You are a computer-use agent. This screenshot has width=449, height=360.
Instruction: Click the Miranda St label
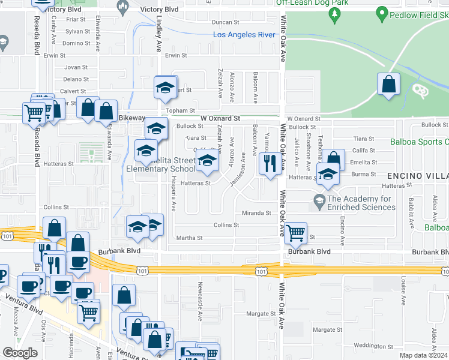(256, 213)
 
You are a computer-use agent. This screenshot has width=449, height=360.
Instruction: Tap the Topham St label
(184, 110)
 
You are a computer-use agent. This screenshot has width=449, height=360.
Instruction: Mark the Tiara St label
(364, 139)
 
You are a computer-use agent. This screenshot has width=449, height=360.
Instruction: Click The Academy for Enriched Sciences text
(362, 203)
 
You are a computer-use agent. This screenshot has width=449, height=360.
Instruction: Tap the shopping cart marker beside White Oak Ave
(295, 233)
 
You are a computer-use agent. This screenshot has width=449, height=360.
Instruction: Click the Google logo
(20, 353)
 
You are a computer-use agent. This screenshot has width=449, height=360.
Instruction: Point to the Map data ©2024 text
(424, 356)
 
